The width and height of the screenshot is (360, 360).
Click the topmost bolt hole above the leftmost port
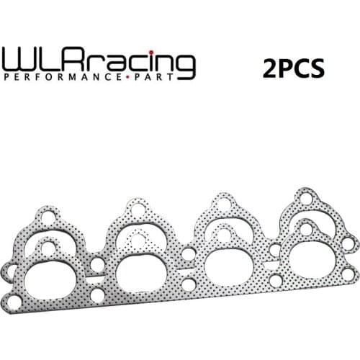pos(48,217)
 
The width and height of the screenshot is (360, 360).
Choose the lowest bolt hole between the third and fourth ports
pos(275,279)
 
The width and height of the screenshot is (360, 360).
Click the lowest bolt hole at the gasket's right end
pos(348,274)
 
